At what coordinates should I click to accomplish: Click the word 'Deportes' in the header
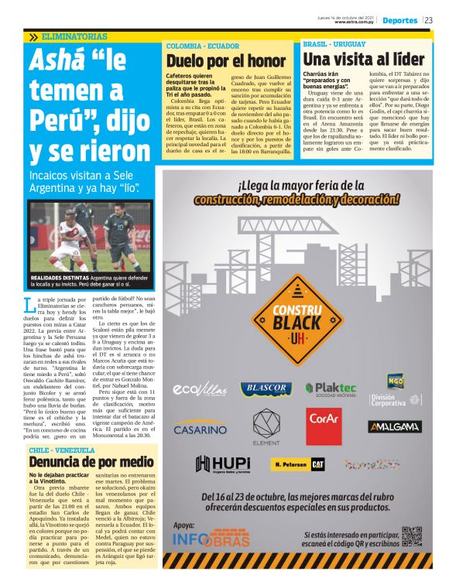[x=399, y=20]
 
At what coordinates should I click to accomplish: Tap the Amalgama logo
[x=394, y=426]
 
